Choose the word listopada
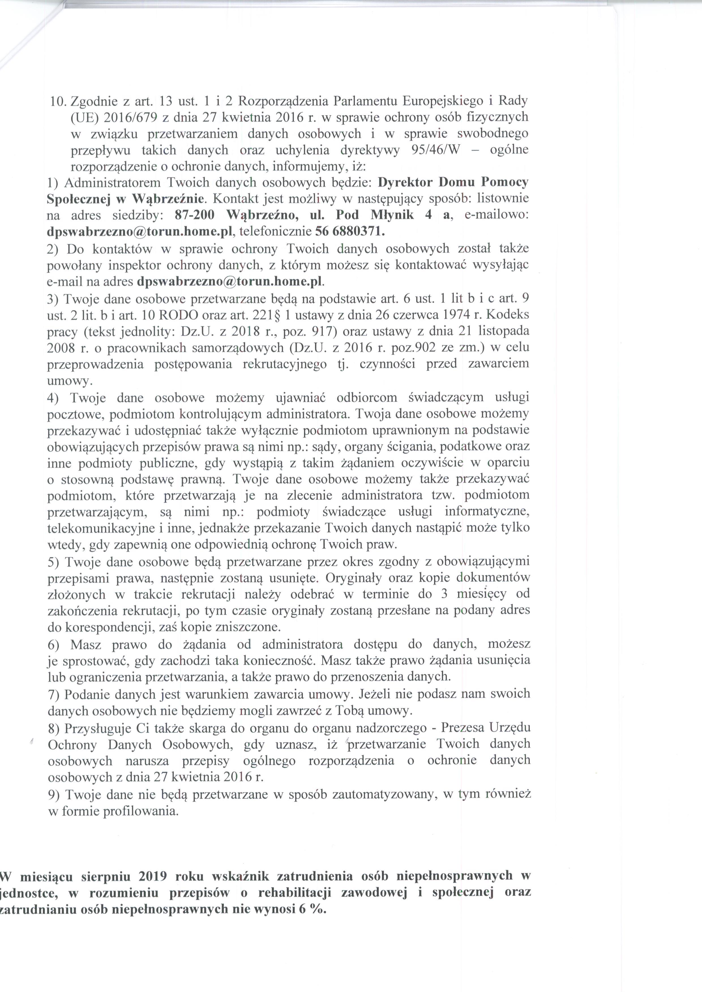(x=503, y=332)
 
